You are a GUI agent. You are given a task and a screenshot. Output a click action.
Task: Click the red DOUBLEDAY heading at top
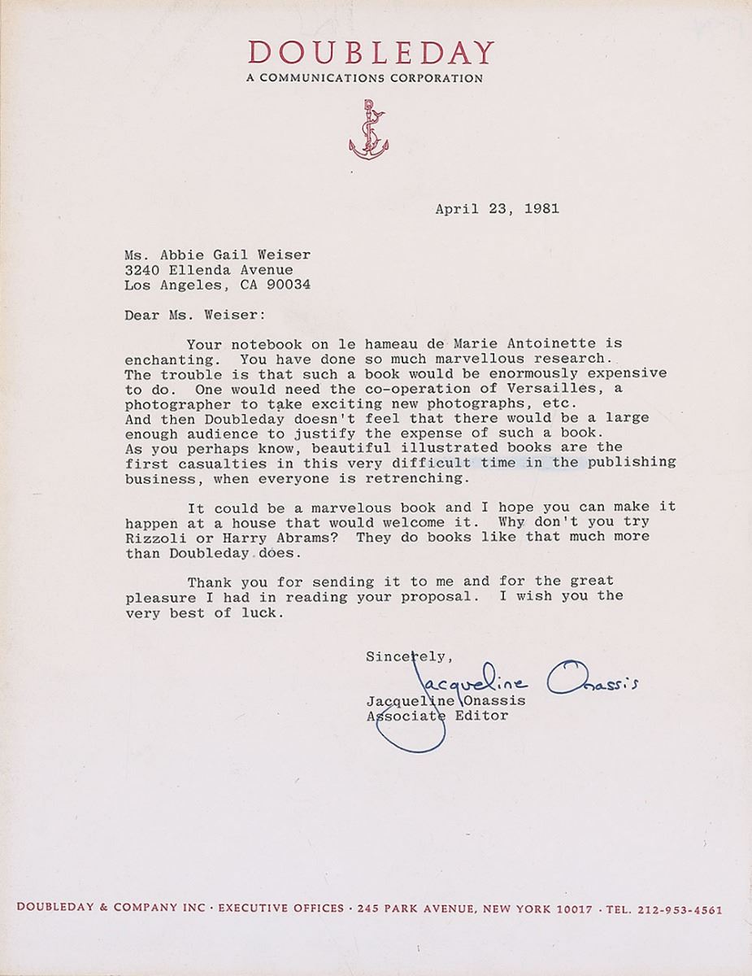(x=371, y=54)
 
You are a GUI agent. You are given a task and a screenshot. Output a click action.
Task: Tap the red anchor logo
(x=368, y=129)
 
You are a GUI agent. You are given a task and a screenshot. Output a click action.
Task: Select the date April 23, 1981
(x=497, y=208)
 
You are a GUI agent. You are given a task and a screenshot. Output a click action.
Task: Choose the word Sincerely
(x=404, y=656)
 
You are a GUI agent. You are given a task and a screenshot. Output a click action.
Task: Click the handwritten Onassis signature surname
(x=591, y=680)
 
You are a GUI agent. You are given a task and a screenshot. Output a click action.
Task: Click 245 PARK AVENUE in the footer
(x=415, y=910)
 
